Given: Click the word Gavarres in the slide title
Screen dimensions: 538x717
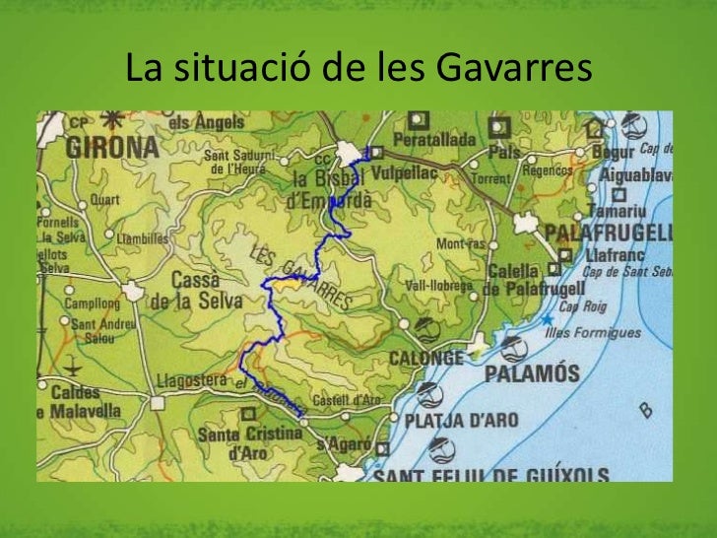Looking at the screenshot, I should (x=512, y=69).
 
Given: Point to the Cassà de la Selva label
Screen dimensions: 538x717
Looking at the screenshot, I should (x=195, y=293).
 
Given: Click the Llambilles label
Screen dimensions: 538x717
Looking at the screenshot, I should (x=143, y=237).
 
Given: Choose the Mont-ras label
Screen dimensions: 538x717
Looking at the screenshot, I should (x=462, y=242).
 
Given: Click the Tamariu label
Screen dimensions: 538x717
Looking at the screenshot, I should (x=617, y=210).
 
